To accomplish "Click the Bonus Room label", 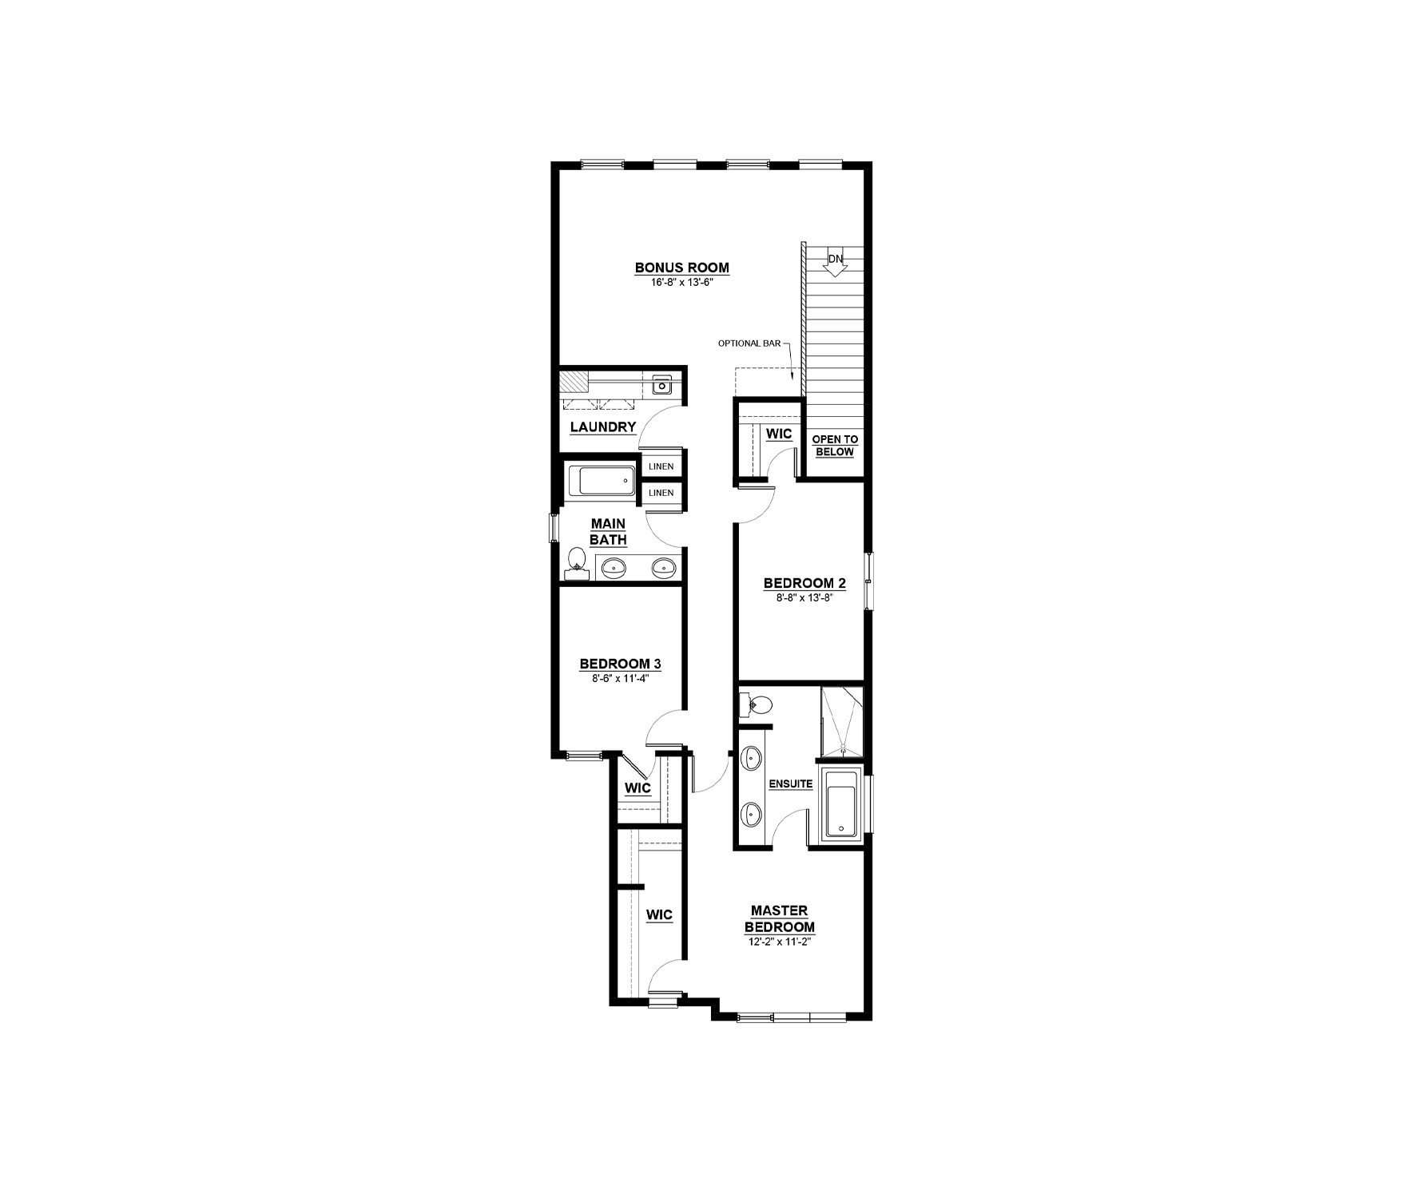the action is [x=681, y=268].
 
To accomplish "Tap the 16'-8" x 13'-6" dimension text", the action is [x=681, y=282].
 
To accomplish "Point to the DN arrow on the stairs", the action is [x=835, y=264].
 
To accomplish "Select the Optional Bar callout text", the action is [x=749, y=343].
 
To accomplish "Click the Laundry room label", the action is [x=603, y=427].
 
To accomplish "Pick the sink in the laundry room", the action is [x=662, y=386].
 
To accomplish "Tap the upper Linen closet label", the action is [x=661, y=466].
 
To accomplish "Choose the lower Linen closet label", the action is [x=661, y=493].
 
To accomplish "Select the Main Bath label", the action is [x=608, y=532].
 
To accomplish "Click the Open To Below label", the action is [x=835, y=446].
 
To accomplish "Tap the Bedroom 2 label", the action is [x=804, y=582].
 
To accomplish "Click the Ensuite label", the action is [x=790, y=784].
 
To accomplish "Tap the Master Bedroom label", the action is [x=780, y=918].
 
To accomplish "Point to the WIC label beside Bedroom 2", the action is [x=779, y=434].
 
